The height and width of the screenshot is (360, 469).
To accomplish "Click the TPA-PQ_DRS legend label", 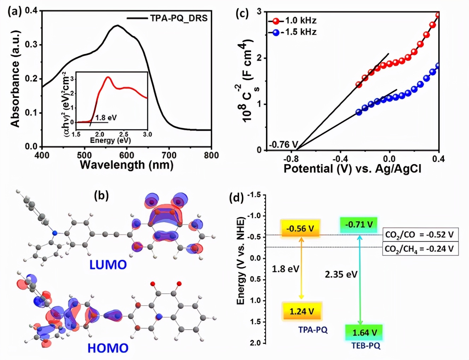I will point(178,18).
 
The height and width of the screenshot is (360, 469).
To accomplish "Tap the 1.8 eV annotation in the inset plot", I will point(106,118).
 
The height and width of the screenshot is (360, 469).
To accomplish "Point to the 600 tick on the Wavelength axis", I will point(127,155).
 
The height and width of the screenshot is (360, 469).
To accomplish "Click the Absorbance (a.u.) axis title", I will point(15,79).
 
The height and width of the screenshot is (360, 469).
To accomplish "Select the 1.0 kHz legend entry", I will point(300,20).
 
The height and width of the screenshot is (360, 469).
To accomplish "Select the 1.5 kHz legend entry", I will point(300,32).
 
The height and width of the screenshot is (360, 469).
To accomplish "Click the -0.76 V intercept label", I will point(284,145).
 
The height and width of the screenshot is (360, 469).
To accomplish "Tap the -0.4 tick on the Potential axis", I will point(340,159).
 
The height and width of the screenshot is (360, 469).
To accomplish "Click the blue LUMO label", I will point(108,265).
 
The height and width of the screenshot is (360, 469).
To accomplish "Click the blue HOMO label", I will point(108,348).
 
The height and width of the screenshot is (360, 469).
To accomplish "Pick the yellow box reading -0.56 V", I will point(300,228).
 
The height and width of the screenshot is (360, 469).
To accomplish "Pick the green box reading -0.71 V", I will point(359,224).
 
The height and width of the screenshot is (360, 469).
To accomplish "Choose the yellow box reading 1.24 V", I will point(302,311).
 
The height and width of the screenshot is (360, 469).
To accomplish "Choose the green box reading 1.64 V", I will point(364,332).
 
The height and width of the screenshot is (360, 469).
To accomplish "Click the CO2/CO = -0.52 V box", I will point(420,234).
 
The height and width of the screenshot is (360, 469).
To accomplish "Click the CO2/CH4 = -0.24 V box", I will point(420,249).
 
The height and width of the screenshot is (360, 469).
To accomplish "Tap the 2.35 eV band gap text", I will point(341,274).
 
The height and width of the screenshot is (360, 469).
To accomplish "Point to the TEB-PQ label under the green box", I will point(366,346).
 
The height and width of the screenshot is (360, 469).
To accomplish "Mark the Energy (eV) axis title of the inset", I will point(111,140).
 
